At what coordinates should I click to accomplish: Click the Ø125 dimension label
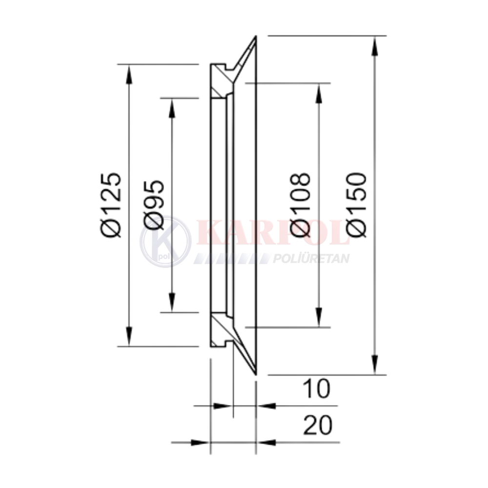tap(110, 205)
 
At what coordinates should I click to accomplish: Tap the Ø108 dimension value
tap(300, 205)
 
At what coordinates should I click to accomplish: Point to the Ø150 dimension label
tap(357, 205)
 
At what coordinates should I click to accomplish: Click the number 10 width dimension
tap(317, 389)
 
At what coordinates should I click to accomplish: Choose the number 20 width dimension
tap(318, 425)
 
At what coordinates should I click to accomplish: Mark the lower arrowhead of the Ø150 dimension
tap(376, 365)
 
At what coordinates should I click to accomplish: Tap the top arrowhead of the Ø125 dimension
tap(129, 74)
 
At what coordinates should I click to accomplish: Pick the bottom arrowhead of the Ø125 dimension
tap(129, 336)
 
